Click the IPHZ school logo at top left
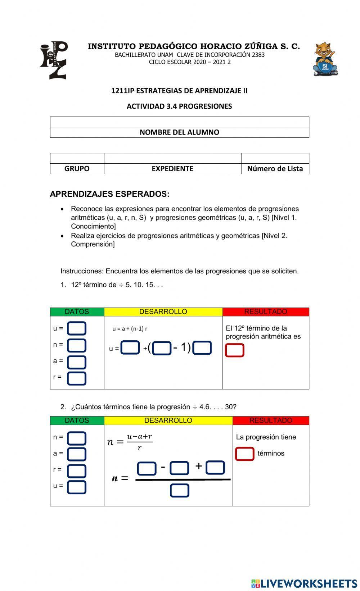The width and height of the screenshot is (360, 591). click(x=54, y=60)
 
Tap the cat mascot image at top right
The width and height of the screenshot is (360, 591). click(x=325, y=59)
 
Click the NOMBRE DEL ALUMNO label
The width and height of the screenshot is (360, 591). click(x=179, y=132)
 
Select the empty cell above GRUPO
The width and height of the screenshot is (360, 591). click(x=77, y=158)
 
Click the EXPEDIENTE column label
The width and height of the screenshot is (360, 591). click(x=172, y=169)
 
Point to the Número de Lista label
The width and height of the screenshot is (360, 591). click(x=275, y=169)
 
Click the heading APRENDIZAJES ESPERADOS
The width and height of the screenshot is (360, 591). click(x=109, y=194)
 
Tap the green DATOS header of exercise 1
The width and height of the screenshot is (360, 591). click(x=77, y=312)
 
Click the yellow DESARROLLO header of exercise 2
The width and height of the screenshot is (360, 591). click(x=168, y=420)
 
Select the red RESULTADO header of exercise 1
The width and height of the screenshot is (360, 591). click(x=266, y=312)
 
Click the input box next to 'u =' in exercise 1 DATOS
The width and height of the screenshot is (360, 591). click(x=77, y=328)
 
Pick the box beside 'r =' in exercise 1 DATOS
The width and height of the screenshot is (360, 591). click(x=77, y=378)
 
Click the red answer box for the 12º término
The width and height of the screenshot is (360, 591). click(x=235, y=350)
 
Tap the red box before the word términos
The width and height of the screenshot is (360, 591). click(x=245, y=454)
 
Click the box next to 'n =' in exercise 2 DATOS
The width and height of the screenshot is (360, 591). click(x=77, y=438)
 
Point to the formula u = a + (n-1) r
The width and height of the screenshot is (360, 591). click(x=130, y=328)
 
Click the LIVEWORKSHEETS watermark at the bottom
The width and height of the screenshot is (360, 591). click(x=304, y=583)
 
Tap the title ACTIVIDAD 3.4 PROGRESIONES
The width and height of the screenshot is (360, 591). click(x=179, y=106)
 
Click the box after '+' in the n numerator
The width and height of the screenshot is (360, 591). click(x=215, y=468)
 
